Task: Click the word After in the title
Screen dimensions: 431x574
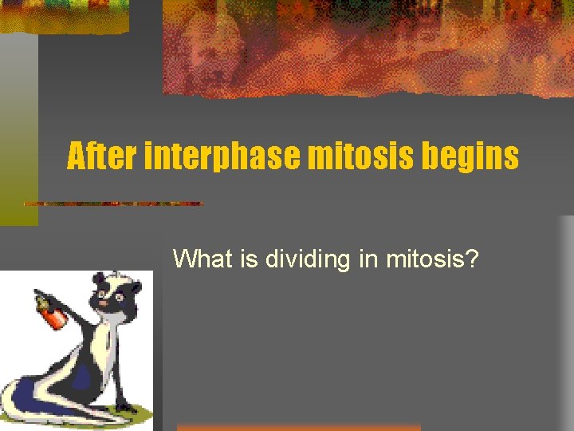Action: [x=101, y=156]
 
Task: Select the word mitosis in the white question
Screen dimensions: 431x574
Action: [x=429, y=259]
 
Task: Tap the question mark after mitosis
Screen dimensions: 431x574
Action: [x=473, y=259]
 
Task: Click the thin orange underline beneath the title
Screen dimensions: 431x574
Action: [x=112, y=204]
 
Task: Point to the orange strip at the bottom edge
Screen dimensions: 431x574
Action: [x=299, y=427]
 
